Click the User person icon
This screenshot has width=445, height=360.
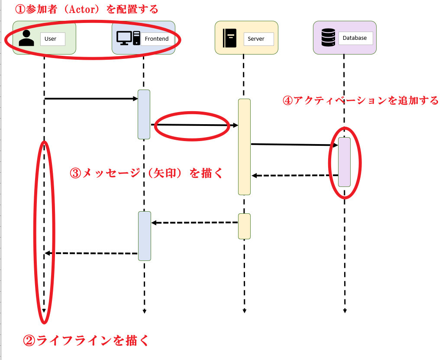click(x=26, y=38)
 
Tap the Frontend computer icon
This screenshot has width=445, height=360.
click(x=128, y=38)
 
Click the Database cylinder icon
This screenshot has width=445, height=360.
click(x=328, y=38)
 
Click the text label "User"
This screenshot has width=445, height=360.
click(x=51, y=39)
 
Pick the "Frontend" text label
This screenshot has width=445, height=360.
click(x=157, y=39)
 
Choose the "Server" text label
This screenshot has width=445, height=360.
click(x=256, y=39)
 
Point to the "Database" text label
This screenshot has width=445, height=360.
click(x=355, y=38)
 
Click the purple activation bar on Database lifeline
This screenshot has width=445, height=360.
click(x=344, y=162)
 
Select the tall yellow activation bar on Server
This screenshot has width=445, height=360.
click(x=244, y=147)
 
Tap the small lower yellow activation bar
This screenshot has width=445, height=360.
click(x=244, y=226)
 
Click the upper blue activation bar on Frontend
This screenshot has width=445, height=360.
click(x=144, y=114)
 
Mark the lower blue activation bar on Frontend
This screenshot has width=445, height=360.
click(x=144, y=236)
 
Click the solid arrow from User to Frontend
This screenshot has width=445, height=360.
click(x=91, y=99)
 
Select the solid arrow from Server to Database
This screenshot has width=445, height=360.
click(x=294, y=145)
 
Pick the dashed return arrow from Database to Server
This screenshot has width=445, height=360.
click(x=294, y=175)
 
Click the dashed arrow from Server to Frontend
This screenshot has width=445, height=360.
click(x=195, y=222)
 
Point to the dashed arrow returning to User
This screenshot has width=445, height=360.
click(x=91, y=253)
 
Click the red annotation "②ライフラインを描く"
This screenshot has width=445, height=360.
click(x=86, y=341)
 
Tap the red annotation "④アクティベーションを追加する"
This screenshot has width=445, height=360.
click(x=360, y=100)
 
